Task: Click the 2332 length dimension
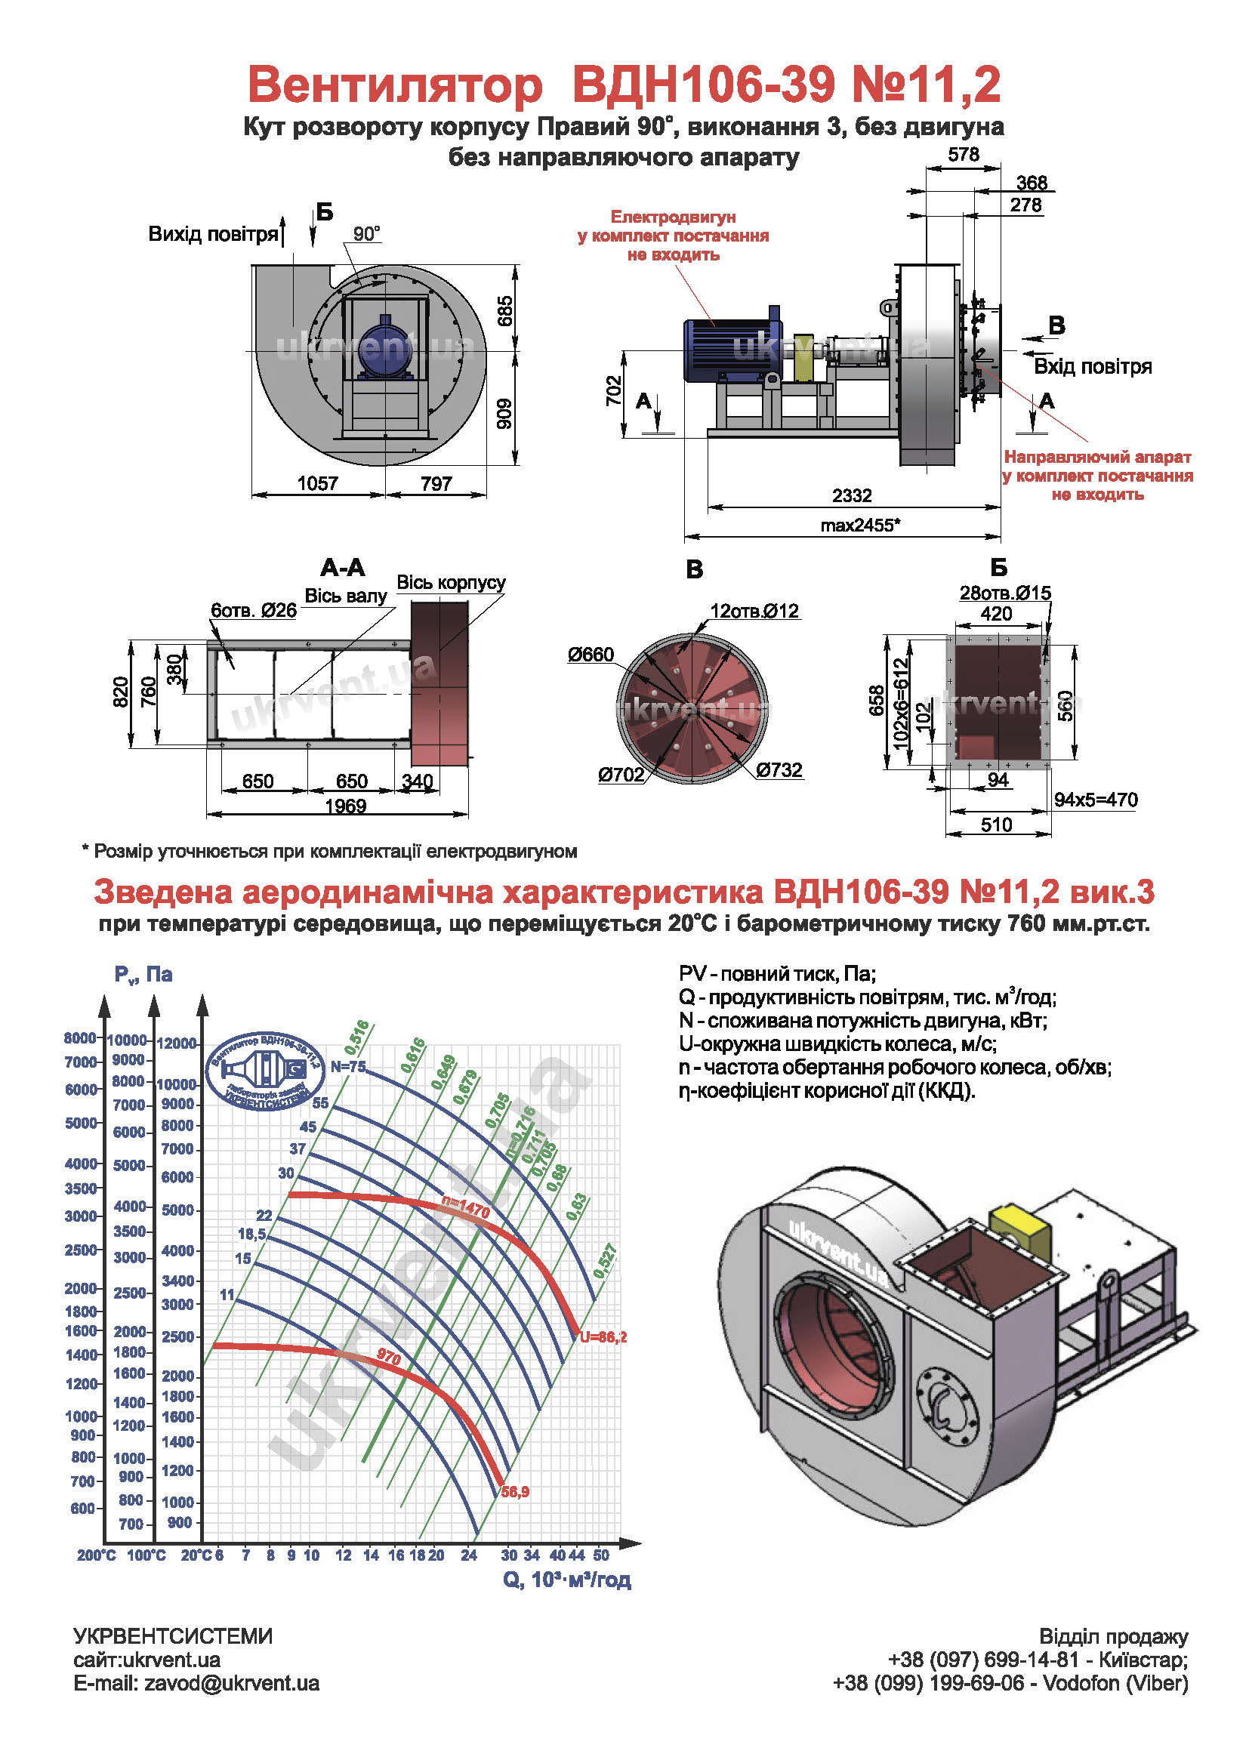[851, 495]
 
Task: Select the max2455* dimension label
[860, 526]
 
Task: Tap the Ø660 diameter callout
[591, 655]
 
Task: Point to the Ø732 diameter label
[779, 769]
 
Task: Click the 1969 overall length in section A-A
[345, 806]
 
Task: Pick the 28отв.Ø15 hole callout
[1004, 593]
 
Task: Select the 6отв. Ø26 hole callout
[254, 611]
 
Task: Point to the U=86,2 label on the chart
[604, 1337]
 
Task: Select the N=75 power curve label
[348, 1066]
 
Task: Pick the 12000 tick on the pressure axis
[177, 1043]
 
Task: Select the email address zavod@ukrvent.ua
[232, 1683]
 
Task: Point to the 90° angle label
[367, 234]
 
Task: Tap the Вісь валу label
[346, 596]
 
